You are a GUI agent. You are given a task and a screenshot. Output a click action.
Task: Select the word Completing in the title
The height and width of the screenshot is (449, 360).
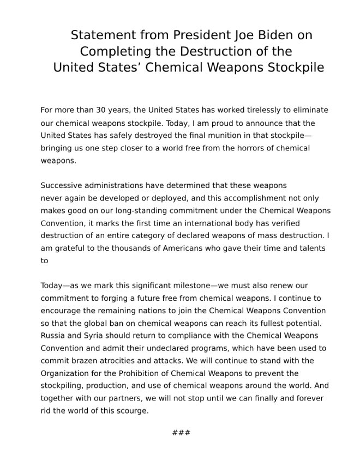pos(112,52)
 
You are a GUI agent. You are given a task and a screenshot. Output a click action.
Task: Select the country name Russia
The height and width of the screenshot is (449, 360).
pos(53,335)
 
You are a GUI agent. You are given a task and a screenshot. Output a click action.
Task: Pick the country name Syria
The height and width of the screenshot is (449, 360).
pos(89,335)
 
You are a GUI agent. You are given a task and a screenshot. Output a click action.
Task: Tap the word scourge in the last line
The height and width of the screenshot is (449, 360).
pos(131,410)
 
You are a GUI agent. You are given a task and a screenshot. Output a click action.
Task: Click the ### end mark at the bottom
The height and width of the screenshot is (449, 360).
pos(181,433)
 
